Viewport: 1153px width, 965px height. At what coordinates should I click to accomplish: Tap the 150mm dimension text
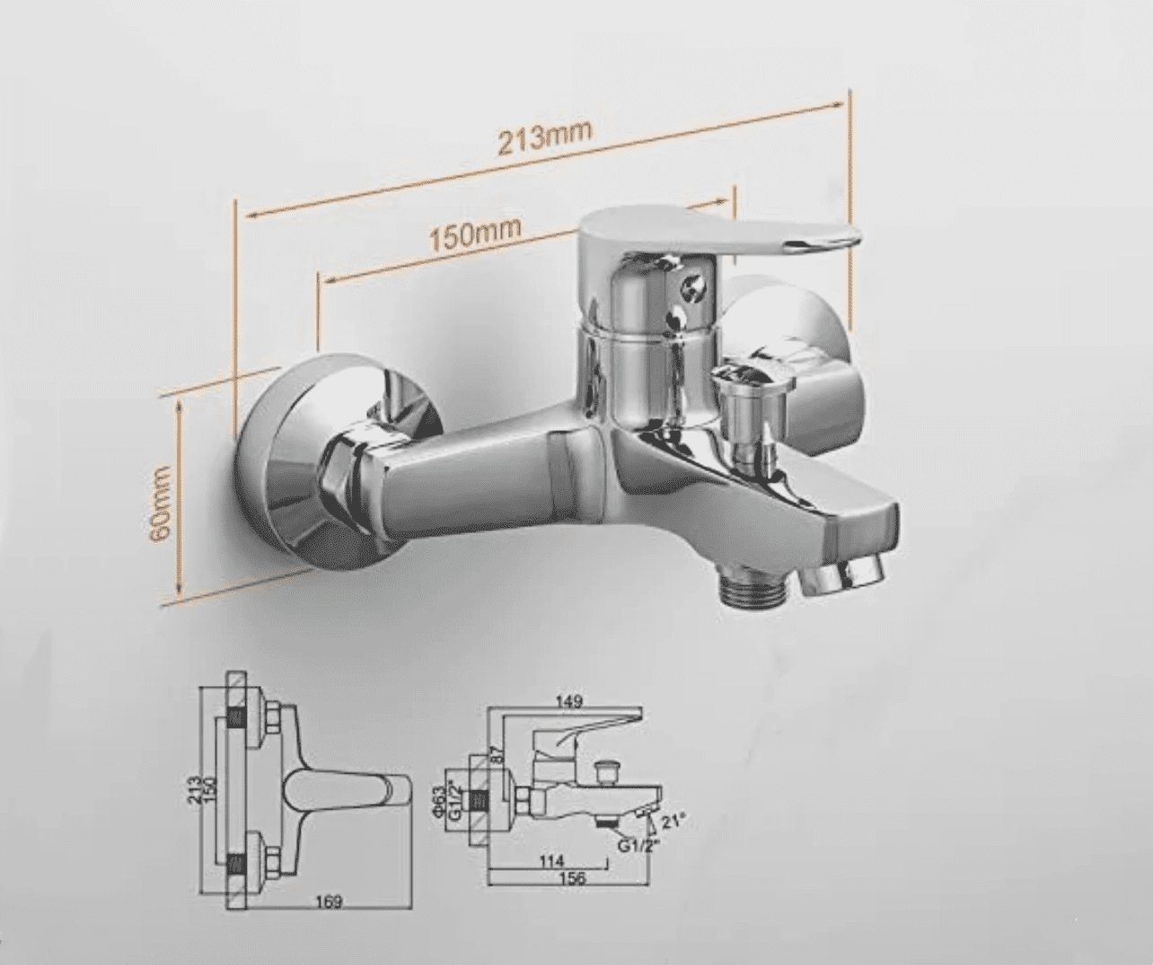473,235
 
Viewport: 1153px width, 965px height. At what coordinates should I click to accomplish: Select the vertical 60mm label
161,502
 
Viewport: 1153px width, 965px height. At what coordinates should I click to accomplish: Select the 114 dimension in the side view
551,860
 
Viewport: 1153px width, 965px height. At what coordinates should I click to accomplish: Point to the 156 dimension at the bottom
571,878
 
